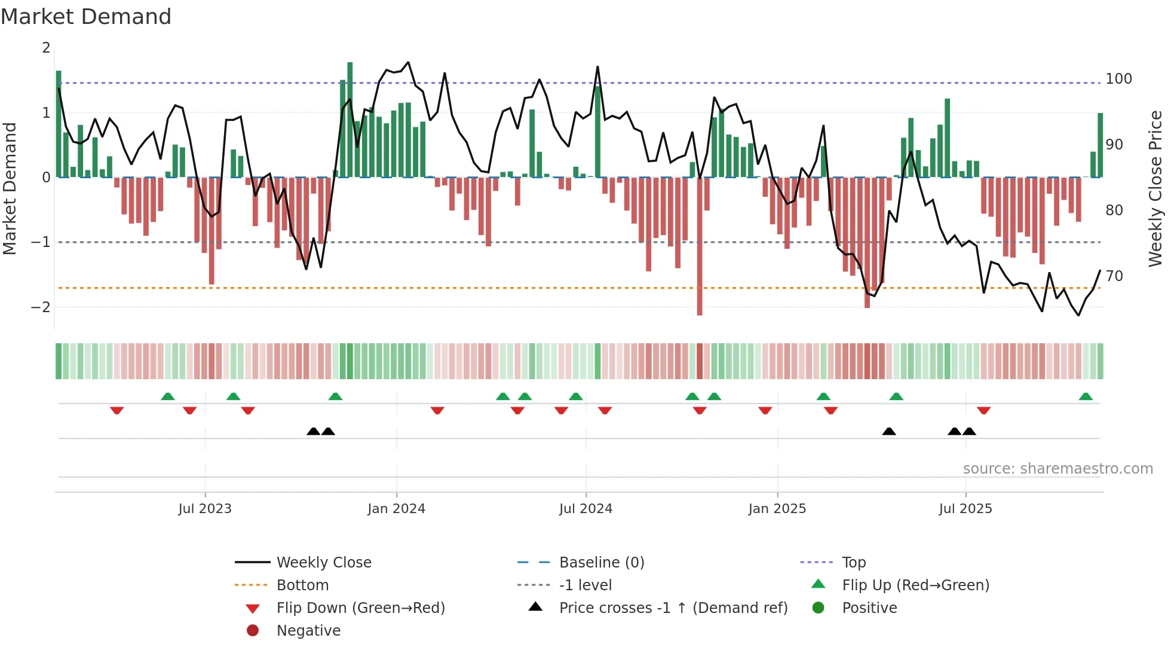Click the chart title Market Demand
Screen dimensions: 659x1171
click(x=86, y=17)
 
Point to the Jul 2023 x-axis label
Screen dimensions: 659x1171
click(x=204, y=509)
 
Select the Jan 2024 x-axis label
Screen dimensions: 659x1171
click(x=396, y=509)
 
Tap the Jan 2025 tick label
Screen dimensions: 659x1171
click(x=777, y=509)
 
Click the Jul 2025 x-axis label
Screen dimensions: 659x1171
click(x=965, y=509)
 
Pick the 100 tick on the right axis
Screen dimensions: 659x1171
click(x=1118, y=79)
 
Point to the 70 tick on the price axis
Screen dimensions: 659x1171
click(x=1114, y=276)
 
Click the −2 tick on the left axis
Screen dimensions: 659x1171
click(x=41, y=307)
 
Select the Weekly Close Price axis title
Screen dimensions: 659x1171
click(x=1155, y=188)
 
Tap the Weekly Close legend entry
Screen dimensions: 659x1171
click(x=323, y=563)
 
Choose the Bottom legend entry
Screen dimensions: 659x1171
click(x=302, y=585)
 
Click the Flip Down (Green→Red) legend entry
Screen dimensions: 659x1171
click(x=360, y=608)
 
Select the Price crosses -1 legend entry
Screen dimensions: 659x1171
click(x=673, y=608)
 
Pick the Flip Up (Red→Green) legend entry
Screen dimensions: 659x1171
click(x=915, y=585)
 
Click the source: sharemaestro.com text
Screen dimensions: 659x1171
click(x=1057, y=469)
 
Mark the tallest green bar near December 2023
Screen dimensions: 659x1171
click(x=350, y=120)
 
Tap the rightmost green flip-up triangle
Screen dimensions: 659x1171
click(x=1086, y=396)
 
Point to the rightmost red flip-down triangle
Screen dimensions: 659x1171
click(x=983, y=410)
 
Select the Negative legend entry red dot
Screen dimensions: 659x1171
click(x=253, y=631)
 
